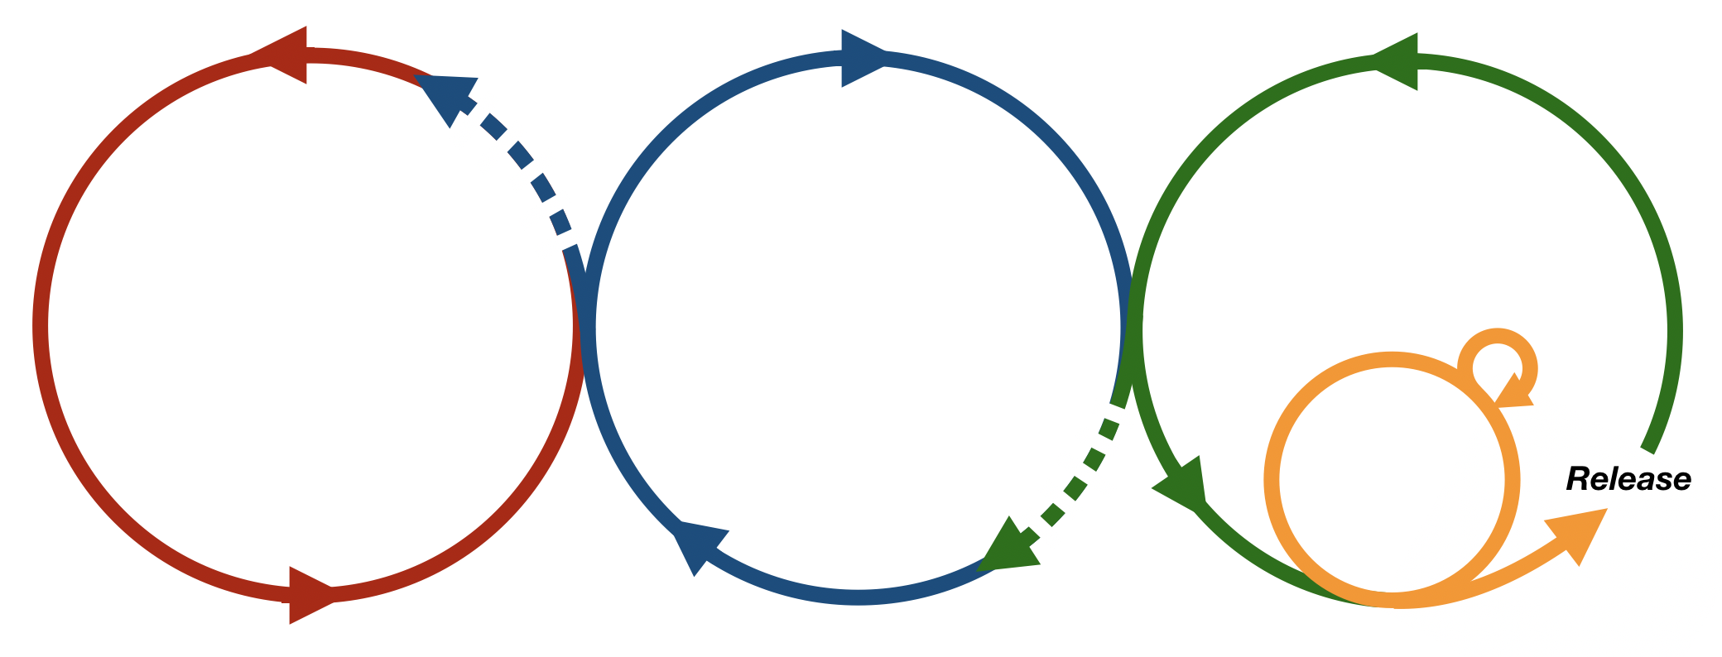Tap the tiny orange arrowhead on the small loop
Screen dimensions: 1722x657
pyautogui.click(x=1514, y=392)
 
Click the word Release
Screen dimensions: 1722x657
pyautogui.click(x=1628, y=479)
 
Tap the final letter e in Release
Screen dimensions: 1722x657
pyautogui.click(x=1680, y=482)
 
